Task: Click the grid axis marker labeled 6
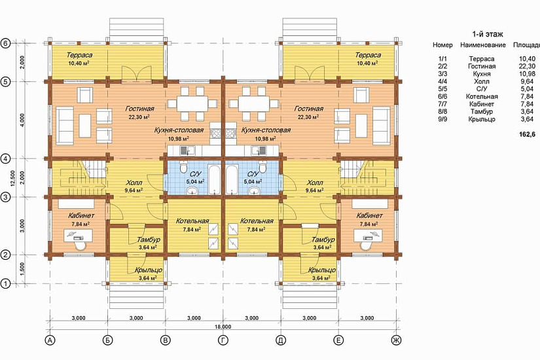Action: click(x=5, y=43)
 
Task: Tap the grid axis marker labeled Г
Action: click(x=223, y=340)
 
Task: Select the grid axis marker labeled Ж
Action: click(x=397, y=340)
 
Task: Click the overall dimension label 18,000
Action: click(x=223, y=326)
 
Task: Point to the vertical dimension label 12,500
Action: click(x=12, y=178)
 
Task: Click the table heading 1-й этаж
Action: click(x=487, y=34)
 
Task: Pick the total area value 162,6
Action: click(x=528, y=134)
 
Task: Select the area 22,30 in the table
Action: click(x=528, y=67)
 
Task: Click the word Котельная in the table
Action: click(x=482, y=96)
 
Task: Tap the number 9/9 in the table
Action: click(x=442, y=119)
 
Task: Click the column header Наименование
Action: click(x=483, y=45)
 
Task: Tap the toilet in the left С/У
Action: click(x=183, y=167)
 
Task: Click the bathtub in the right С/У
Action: click(x=232, y=179)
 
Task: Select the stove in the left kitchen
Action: click(x=215, y=134)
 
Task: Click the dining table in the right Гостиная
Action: click(x=253, y=103)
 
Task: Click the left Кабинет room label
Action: click(x=81, y=215)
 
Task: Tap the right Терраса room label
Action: click(x=368, y=55)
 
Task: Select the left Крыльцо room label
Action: click(x=149, y=270)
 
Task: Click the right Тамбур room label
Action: click(x=323, y=240)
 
